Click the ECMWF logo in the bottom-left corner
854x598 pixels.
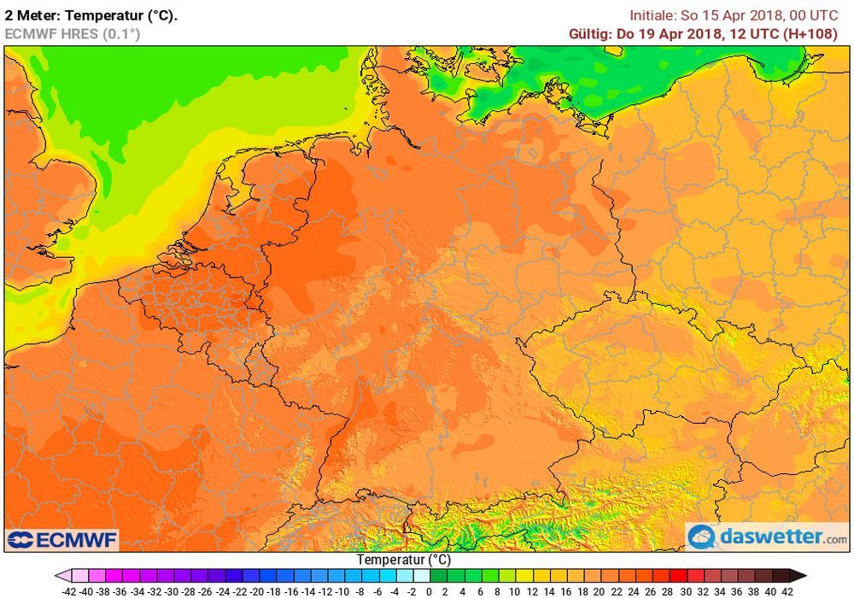pyautogui.click(x=61, y=540)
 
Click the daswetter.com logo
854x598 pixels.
pyautogui.click(x=769, y=536)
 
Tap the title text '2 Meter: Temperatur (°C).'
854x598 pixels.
pyautogui.click(x=91, y=15)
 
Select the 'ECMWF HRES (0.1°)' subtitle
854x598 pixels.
pyautogui.click(x=72, y=33)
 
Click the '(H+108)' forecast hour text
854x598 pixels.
pyautogui.click(x=822, y=33)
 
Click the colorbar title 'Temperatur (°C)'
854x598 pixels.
pyautogui.click(x=403, y=560)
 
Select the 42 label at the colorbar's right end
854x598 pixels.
pyautogui.click(x=787, y=590)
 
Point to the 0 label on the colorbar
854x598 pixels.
pyautogui.click(x=429, y=590)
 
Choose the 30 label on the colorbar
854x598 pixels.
pyautogui.click(x=686, y=590)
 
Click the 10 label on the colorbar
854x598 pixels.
pyautogui.click(x=514, y=590)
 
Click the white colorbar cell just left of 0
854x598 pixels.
pyautogui.click(x=420, y=576)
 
